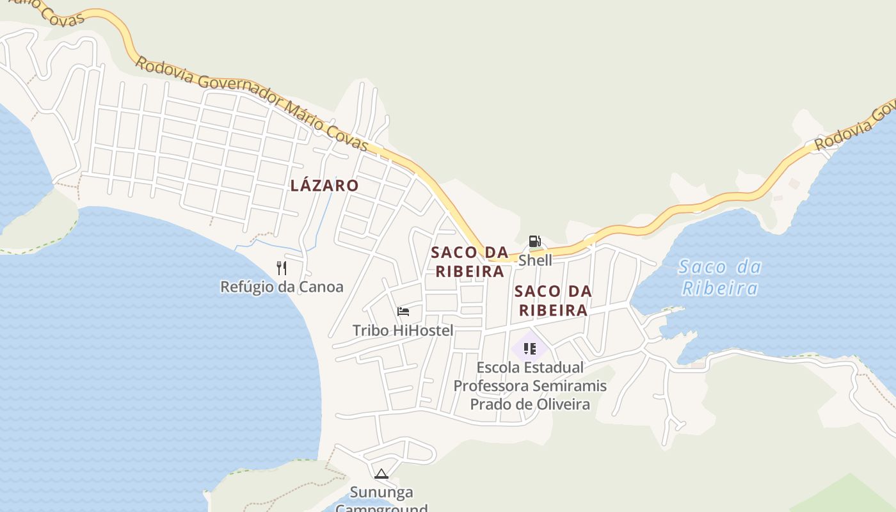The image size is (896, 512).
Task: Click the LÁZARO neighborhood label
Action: click(x=324, y=186)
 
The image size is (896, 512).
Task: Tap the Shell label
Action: click(x=535, y=260)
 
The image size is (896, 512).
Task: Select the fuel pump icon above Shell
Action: click(x=535, y=241)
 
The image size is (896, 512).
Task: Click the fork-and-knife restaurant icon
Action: click(x=282, y=268)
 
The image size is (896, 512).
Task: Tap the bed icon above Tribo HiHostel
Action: click(x=403, y=312)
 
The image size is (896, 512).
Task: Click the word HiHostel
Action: click(x=423, y=330)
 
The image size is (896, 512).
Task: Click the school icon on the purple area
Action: click(x=529, y=348)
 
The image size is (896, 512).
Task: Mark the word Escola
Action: click(x=501, y=367)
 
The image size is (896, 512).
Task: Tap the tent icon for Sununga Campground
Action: click(x=381, y=474)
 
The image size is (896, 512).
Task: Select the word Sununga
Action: click(x=381, y=492)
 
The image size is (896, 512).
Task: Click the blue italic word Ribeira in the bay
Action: click(x=720, y=288)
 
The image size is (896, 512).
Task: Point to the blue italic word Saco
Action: click(x=702, y=267)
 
